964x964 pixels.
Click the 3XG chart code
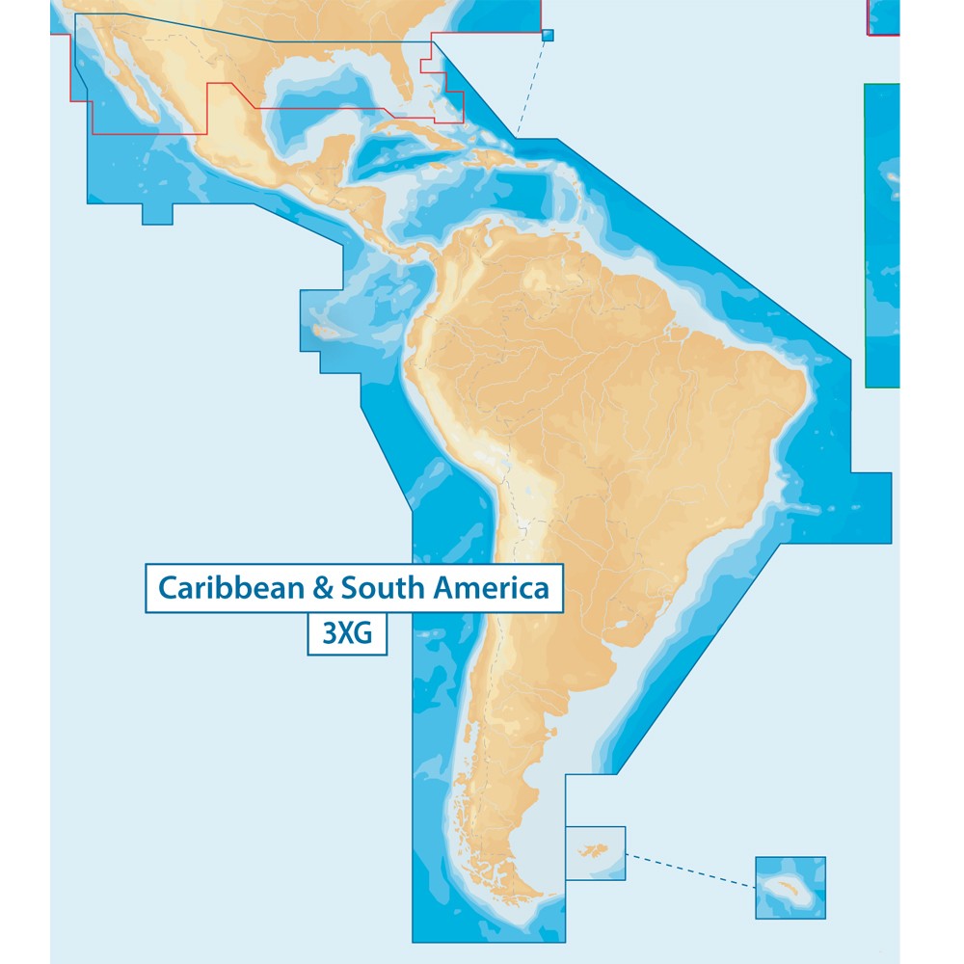pos(347,637)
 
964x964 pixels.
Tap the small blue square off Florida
pos(549,36)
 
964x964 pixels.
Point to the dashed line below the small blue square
pos(531,87)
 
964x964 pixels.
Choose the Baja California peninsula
pos(135,92)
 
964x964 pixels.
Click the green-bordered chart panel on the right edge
pos(883,236)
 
